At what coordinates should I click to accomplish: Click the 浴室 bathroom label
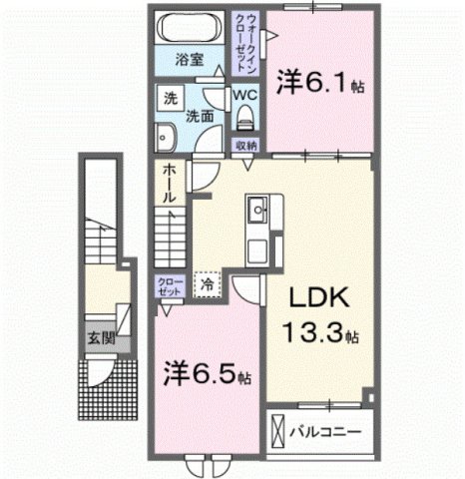coord(191,59)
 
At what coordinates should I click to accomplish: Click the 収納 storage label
coord(245,146)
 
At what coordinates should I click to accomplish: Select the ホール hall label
coord(170,184)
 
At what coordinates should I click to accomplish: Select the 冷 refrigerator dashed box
coord(206,285)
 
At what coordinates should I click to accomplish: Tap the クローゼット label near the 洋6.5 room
coord(169,289)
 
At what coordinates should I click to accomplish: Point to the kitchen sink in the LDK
coord(257,212)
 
